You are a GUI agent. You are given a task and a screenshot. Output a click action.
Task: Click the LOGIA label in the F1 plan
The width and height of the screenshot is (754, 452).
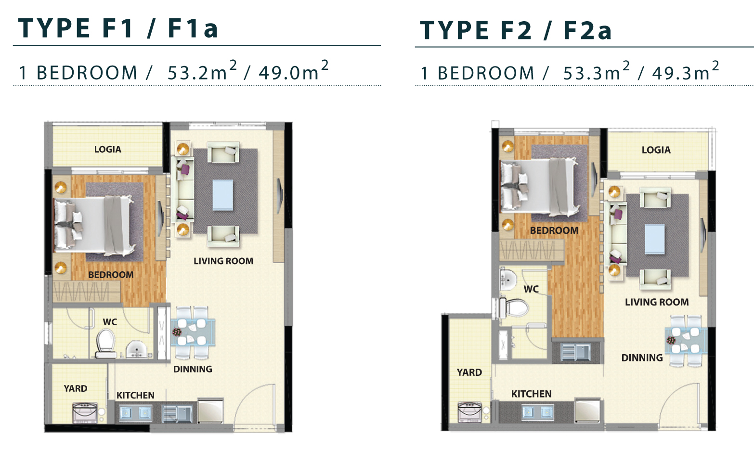[107, 149]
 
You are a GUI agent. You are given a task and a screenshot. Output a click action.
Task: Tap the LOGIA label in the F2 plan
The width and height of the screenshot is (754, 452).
[656, 150]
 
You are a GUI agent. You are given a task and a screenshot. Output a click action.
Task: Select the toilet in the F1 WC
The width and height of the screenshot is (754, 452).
[105, 343]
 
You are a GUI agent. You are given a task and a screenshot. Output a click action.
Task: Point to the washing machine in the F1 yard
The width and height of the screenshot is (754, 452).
[85, 412]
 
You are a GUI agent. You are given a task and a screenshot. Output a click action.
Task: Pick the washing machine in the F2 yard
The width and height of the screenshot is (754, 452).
[470, 412]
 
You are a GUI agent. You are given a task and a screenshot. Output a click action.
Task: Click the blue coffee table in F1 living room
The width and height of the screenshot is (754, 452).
[222, 195]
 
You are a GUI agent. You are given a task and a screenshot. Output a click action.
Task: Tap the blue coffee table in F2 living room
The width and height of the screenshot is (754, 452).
[654, 239]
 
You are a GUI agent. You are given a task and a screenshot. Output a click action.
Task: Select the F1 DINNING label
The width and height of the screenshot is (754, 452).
[193, 369]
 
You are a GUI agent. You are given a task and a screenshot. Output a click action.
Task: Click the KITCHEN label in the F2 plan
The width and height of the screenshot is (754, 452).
[531, 394]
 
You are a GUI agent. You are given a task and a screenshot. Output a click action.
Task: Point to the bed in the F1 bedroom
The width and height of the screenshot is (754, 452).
[94, 226]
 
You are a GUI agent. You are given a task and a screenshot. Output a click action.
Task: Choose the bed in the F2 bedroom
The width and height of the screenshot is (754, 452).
[539, 186]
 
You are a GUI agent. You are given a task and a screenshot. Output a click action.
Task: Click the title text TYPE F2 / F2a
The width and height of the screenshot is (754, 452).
[516, 30]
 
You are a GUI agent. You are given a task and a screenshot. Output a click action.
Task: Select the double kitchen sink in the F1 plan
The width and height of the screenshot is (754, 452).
[135, 412]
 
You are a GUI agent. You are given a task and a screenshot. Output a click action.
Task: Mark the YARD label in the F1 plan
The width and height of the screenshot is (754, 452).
[76, 388]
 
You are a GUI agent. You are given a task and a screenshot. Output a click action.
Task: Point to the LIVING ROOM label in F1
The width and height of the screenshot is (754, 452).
[223, 261]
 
